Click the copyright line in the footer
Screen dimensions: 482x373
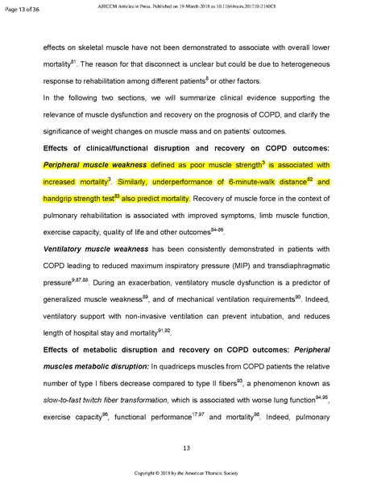[x=186, y=473]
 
